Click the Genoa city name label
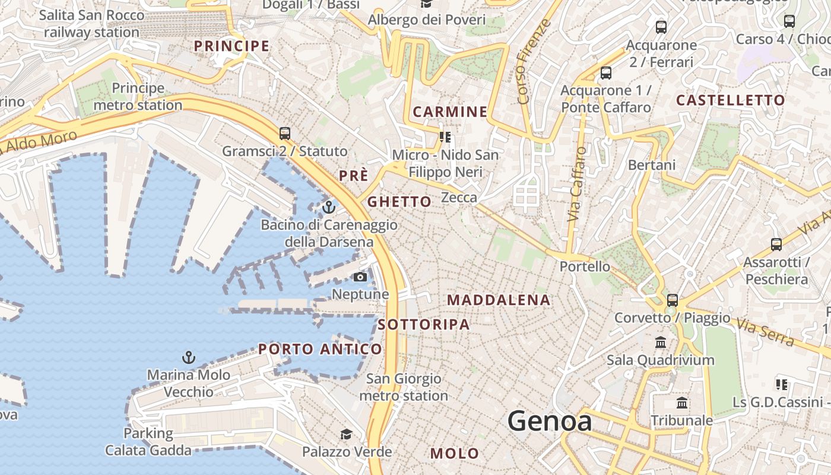click(x=550, y=421)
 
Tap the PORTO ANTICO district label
click(x=320, y=349)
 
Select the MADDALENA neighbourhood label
click(x=499, y=300)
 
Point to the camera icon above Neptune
click(x=360, y=277)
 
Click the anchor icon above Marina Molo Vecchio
click(x=188, y=357)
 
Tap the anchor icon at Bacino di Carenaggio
click(x=328, y=207)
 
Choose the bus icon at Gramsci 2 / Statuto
click(x=285, y=133)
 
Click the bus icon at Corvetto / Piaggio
click(x=672, y=300)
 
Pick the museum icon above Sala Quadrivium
click(x=660, y=342)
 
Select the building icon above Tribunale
click(x=682, y=403)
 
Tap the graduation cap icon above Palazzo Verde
click(x=346, y=435)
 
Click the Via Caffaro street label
click(x=576, y=184)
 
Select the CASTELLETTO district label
click(x=730, y=100)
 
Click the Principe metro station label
click(x=138, y=97)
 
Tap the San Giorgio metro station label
click(x=404, y=387)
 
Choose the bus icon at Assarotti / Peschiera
click(x=776, y=244)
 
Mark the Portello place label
click(x=585, y=267)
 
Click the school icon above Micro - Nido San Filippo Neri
click(x=445, y=137)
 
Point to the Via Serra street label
click(x=765, y=332)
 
